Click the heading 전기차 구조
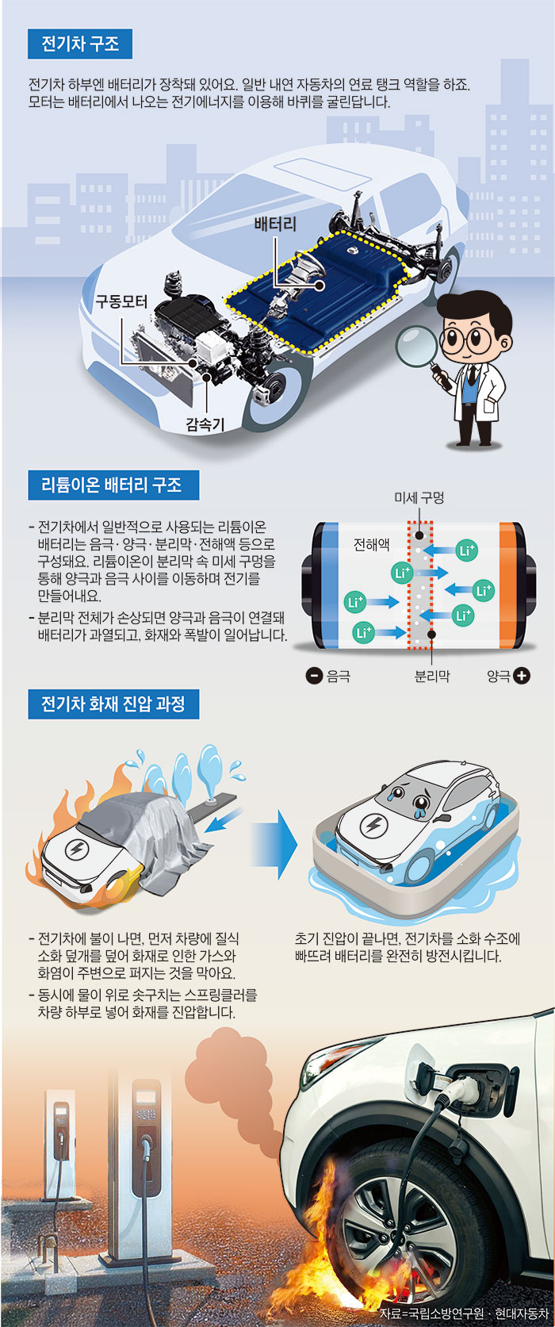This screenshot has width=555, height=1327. [80, 44]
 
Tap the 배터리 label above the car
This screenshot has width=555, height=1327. [275, 224]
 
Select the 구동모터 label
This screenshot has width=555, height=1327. [121, 301]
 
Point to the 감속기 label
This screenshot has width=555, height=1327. [205, 424]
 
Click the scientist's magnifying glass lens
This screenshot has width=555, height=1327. [417, 347]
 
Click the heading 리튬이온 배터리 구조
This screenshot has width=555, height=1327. [113, 485]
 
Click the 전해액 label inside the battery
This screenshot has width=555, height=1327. [371, 544]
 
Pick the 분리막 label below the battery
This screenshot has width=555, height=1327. [432, 676]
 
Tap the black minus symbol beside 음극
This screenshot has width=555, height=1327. [314, 675]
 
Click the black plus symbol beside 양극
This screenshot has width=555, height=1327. [522, 675]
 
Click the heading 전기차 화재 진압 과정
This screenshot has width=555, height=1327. [113, 704]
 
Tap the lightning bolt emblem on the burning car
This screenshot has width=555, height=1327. [76, 850]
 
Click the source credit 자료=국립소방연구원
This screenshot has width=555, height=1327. [432, 1313]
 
